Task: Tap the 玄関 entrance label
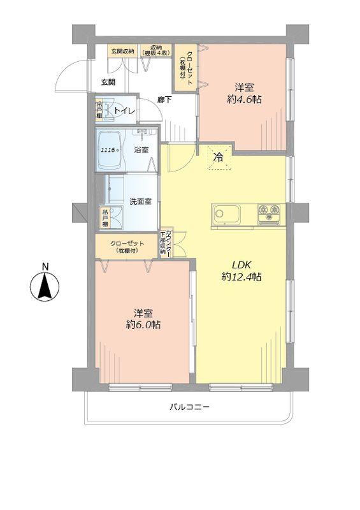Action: pyautogui.click(x=108, y=82)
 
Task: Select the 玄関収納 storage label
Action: pyautogui.click(x=122, y=50)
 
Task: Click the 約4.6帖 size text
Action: pyautogui.click(x=245, y=99)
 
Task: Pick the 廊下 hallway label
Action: pyautogui.click(x=166, y=99)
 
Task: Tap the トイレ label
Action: pyautogui.click(x=125, y=112)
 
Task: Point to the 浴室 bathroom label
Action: pyautogui.click(x=141, y=150)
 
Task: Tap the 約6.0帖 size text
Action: pyautogui.click(x=143, y=325)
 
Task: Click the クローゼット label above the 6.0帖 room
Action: pyautogui.click(x=127, y=244)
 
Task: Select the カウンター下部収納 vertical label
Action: pyautogui.click(x=164, y=242)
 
